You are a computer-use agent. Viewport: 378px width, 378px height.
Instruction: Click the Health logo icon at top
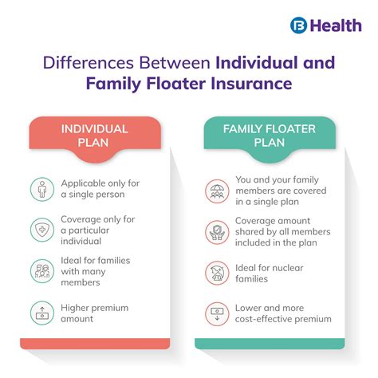pos(300,24)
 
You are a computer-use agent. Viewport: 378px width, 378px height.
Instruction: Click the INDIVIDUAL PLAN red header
pos(95,135)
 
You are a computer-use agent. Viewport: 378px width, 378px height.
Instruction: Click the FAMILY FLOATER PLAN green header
pos(270,135)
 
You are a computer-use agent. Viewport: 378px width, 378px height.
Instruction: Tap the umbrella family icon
pos(216,188)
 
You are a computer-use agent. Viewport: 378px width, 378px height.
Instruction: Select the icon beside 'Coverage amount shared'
pos(216,232)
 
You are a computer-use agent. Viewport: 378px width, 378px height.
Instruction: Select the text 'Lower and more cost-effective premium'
pos(283,313)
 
